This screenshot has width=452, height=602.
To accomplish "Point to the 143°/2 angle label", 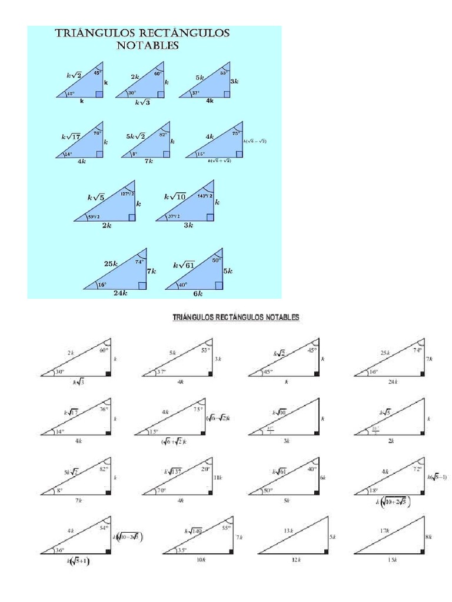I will (x=205, y=195).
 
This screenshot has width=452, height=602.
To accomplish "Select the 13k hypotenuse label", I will (x=289, y=531).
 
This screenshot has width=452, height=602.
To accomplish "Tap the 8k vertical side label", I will (x=429, y=537).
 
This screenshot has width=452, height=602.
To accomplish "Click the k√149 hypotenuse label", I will (x=193, y=531).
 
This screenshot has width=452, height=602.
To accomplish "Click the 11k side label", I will (x=218, y=478).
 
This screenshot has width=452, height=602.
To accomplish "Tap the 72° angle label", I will (x=418, y=470).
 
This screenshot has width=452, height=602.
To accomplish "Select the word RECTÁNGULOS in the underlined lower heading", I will (x=230, y=317).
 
